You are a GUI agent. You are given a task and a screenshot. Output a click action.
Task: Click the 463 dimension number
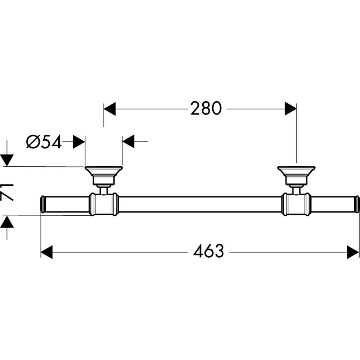pos(208,252)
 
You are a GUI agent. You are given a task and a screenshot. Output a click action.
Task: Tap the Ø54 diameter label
pos(44,142)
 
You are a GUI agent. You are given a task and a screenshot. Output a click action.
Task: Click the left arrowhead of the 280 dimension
pos(109,108)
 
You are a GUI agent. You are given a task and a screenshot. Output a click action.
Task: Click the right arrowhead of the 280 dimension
pos(290,108)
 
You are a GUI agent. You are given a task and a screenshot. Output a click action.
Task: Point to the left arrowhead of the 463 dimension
pos(47,252)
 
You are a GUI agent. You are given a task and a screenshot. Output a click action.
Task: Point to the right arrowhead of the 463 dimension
pos(353,252)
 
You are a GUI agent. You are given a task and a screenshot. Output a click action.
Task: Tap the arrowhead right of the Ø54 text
pos(79,142)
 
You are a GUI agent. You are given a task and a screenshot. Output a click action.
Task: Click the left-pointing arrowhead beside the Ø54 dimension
pos(129,142)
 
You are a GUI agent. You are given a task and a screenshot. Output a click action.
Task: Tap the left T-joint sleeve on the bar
pos(103,204)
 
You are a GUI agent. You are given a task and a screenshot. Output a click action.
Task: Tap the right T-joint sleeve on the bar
pos(296,204)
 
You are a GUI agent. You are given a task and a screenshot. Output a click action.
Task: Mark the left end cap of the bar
pos(42,204)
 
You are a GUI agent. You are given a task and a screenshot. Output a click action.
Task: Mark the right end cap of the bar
pos(357,204)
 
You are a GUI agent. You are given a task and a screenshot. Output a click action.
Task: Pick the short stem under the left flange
pos(104,190)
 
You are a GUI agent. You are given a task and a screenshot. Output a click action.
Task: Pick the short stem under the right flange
pos(296,190)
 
